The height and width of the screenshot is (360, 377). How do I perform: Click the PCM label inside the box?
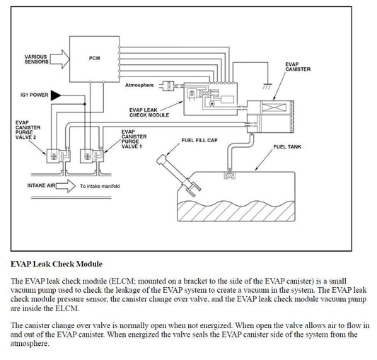(95, 58)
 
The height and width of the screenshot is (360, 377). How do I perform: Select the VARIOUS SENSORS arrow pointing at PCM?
(60, 59)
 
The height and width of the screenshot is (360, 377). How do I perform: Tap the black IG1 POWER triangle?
(56, 95)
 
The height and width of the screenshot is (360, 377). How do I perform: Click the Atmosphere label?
(139, 85)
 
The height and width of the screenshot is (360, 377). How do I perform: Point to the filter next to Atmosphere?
(169, 86)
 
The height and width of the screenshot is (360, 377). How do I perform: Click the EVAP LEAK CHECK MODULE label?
(149, 112)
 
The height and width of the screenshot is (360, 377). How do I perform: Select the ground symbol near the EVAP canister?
(267, 86)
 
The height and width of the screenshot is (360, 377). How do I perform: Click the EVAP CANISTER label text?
(298, 66)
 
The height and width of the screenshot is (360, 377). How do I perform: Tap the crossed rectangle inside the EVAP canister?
(274, 108)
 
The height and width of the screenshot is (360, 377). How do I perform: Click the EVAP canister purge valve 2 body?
(59, 156)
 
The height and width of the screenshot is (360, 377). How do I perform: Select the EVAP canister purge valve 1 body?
(92, 156)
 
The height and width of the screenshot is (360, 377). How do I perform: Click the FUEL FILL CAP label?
(199, 140)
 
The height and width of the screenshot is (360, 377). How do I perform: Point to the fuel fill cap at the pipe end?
(161, 160)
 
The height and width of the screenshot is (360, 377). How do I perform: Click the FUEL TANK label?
(287, 146)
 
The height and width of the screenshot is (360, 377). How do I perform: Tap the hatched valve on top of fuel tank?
(229, 176)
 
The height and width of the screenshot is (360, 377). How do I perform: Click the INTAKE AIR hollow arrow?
(66, 186)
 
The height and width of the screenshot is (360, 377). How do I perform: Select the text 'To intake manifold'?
(100, 186)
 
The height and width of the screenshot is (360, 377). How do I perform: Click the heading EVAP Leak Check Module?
(57, 264)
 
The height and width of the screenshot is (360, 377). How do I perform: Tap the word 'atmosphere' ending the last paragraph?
(29, 344)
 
